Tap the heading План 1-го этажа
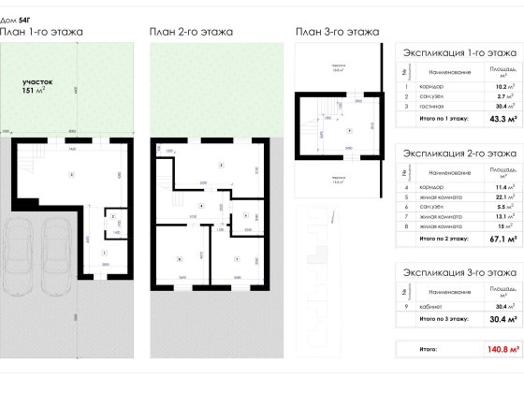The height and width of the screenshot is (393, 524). click(x=42, y=32)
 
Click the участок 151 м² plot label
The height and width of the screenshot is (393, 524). click(x=40, y=87)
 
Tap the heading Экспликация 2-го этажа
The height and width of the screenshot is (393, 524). click(x=458, y=153)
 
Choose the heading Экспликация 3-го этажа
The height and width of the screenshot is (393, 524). click(x=458, y=272)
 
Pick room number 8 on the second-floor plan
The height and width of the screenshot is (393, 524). click(x=178, y=257)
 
